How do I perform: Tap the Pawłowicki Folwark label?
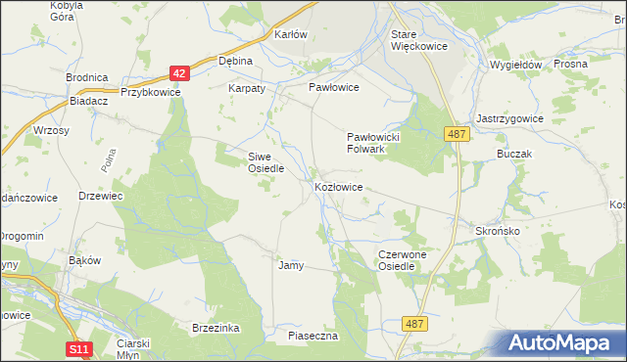point(374,143)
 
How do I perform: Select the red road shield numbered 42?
point(177,73)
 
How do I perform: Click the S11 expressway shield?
point(79,348)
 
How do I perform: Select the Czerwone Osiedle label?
point(403,260)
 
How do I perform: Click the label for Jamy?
point(291,265)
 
